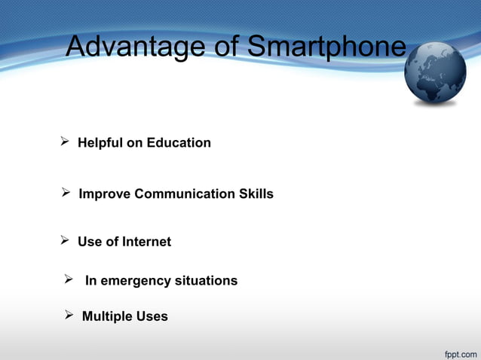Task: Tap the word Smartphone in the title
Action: click(326, 47)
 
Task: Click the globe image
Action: click(436, 73)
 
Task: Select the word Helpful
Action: click(100, 142)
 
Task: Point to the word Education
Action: click(179, 142)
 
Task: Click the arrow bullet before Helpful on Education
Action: click(65, 142)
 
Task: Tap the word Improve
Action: click(105, 194)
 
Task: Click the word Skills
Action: click(256, 194)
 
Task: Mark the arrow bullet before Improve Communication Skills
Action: click(66, 194)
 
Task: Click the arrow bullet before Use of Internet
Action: click(65, 241)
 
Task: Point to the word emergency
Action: click(135, 281)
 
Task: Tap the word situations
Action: click(206, 281)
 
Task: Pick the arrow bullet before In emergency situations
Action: click(68, 280)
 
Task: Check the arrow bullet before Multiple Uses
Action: click(69, 316)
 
